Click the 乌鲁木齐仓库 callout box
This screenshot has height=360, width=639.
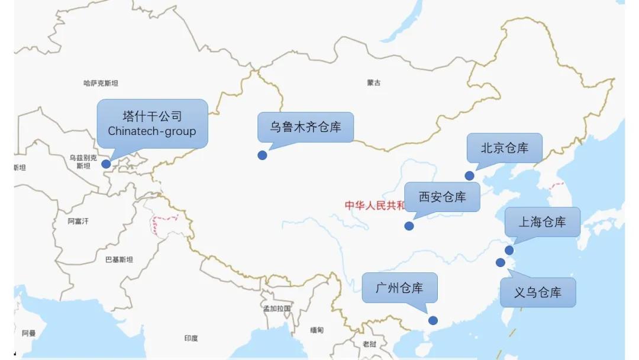pyautogui.click(x=305, y=127)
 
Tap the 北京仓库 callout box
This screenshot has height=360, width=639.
pyautogui.click(x=504, y=148)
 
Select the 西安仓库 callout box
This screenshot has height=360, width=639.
pyautogui.click(x=442, y=197)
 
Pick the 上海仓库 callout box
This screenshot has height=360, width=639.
pyautogui.click(x=542, y=222)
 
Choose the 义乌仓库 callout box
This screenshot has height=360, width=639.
pyautogui.click(x=537, y=292)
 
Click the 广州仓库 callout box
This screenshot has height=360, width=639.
pyautogui.click(x=399, y=288)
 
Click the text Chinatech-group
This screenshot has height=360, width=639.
pyautogui.click(x=152, y=131)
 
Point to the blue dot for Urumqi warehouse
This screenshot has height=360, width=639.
pyautogui.click(x=262, y=155)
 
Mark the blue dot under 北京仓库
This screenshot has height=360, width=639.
pyautogui.click(x=469, y=175)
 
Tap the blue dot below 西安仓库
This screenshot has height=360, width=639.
pyautogui.click(x=409, y=226)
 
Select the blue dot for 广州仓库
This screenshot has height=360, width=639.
pyautogui.click(x=433, y=320)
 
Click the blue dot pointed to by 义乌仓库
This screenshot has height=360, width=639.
pyautogui.click(x=501, y=262)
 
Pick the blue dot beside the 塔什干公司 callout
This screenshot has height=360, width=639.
pyautogui.click(x=106, y=164)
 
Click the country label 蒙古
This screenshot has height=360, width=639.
pyautogui.click(x=374, y=83)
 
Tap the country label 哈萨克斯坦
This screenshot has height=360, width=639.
pyautogui.click(x=101, y=83)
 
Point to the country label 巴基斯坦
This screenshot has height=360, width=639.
pyautogui.click(x=119, y=259)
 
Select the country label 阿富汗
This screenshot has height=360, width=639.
pyautogui.click(x=78, y=221)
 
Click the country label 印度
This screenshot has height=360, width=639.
pyautogui.click(x=191, y=338)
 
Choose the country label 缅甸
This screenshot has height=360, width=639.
pyautogui.click(x=317, y=330)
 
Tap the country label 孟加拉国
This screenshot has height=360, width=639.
pyautogui.click(x=277, y=308)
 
